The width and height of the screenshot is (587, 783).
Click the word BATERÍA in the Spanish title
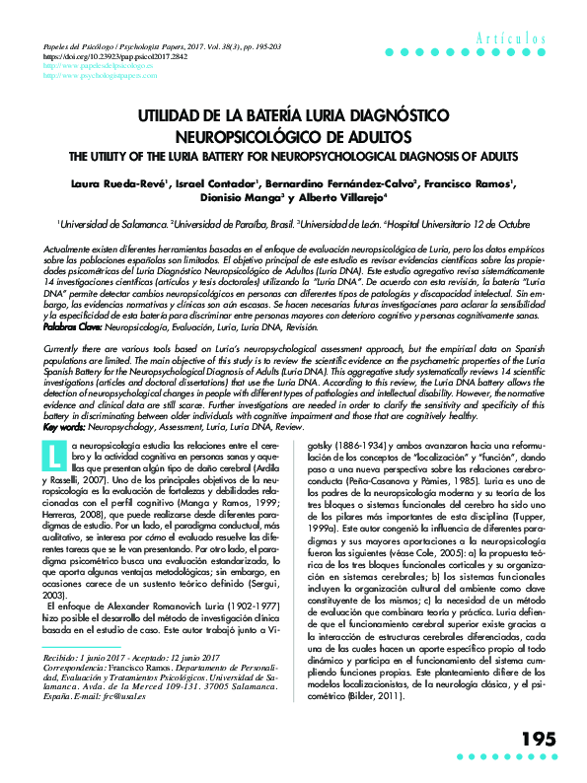click(285, 116)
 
